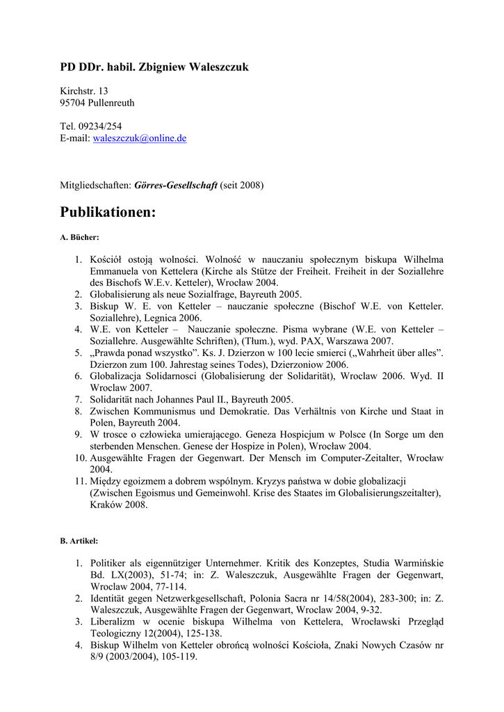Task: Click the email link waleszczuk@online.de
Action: [140, 138]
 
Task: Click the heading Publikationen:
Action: [108, 212]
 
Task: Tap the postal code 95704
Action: [73, 103]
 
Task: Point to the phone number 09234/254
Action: [99, 126]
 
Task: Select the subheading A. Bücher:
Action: [79, 237]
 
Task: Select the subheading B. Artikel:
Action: [79, 540]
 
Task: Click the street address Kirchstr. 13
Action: [84, 91]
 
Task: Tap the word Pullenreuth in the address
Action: [112, 103]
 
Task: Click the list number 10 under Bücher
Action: [81, 458]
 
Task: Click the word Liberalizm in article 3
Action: [114, 622]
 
